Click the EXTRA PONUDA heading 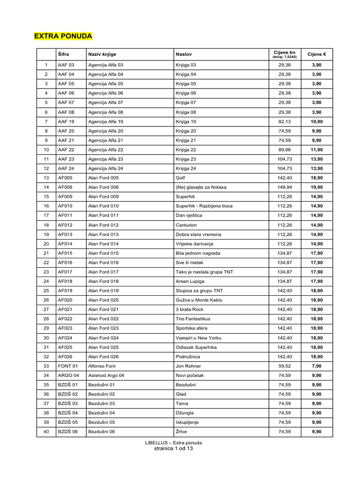[x=63, y=36]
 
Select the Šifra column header [x=63, y=54]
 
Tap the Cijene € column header [x=316, y=54]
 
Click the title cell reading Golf [x=180, y=178]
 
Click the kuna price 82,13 [x=284, y=121]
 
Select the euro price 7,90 [x=317, y=366]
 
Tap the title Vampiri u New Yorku [x=198, y=337]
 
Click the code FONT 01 [x=68, y=366]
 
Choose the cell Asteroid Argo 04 [x=107, y=375]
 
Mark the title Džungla [x=185, y=413]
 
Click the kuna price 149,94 [x=284, y=187]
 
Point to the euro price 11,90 [x=317, y=150]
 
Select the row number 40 [x=46, y=432]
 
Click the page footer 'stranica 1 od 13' [x=173, y=448]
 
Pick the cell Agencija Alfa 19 [x=105, y=121]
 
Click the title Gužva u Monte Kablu [x=199, y=300]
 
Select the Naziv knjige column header [x=102, y=54]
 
